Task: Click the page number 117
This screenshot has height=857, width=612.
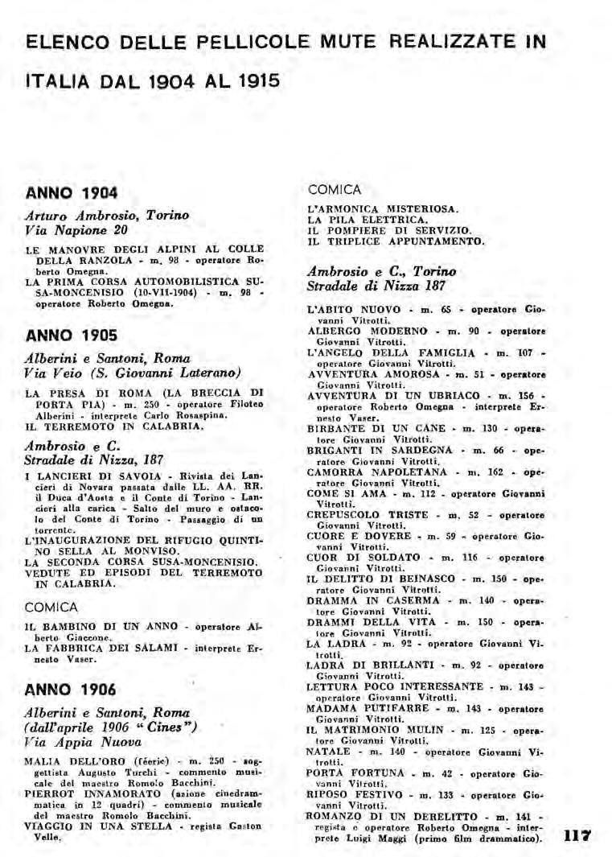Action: (577, 835)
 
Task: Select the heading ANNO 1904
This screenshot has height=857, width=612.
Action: (72, 192)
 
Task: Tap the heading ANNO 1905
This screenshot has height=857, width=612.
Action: (72, 335)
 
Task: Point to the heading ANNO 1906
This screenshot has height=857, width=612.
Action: (72, 690)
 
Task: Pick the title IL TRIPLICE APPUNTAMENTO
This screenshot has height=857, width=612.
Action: (396, 241)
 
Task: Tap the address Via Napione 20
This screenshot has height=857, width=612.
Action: (76, 230)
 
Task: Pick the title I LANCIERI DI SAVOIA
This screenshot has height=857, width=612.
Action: (92, 476)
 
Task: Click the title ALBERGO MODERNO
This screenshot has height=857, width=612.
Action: (361, 331)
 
